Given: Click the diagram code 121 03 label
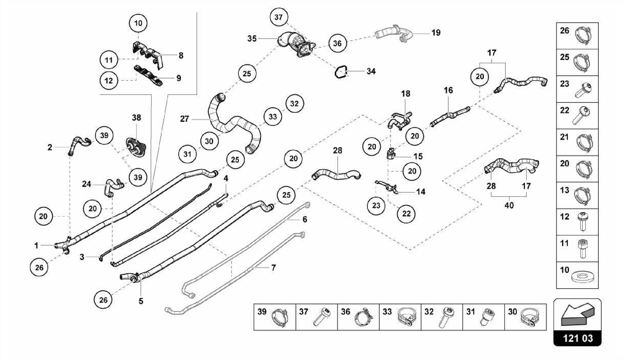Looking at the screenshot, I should click(x=577, y=338).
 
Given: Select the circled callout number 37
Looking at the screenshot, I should click(x=279, y=17).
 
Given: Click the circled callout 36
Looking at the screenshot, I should click(x=337, y=44).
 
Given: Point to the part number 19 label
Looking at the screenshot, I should click(x=436, y=33).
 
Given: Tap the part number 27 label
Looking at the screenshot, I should click(x=184, y=119).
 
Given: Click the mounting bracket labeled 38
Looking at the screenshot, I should click(x=136, y=147).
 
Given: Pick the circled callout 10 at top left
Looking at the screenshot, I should click(x=138, y=23).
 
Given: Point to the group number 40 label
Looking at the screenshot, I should click(x=509, y=205).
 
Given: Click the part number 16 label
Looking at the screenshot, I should click(x=448, y=90).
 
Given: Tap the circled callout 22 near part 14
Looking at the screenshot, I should click(x=406, y=214).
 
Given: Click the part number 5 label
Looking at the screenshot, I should click(x=141, y=301).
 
